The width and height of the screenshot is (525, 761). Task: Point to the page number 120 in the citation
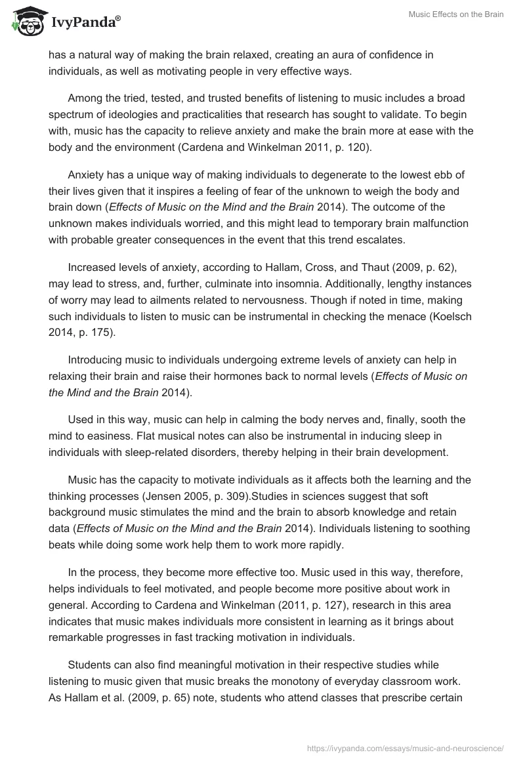coord(357,147)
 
